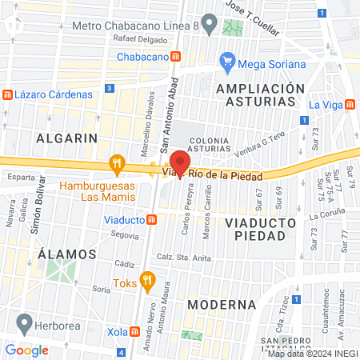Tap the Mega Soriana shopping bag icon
pos(228,62)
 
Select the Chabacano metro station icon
pos(175,57)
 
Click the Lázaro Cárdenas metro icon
pos(7,94)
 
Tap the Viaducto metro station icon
pos(151,219)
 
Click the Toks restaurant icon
pos(146,280)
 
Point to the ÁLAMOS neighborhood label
pos(67,254)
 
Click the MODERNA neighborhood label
pos(221,305)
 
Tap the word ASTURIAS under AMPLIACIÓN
pos(254,102)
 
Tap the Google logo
pos(26,350)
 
